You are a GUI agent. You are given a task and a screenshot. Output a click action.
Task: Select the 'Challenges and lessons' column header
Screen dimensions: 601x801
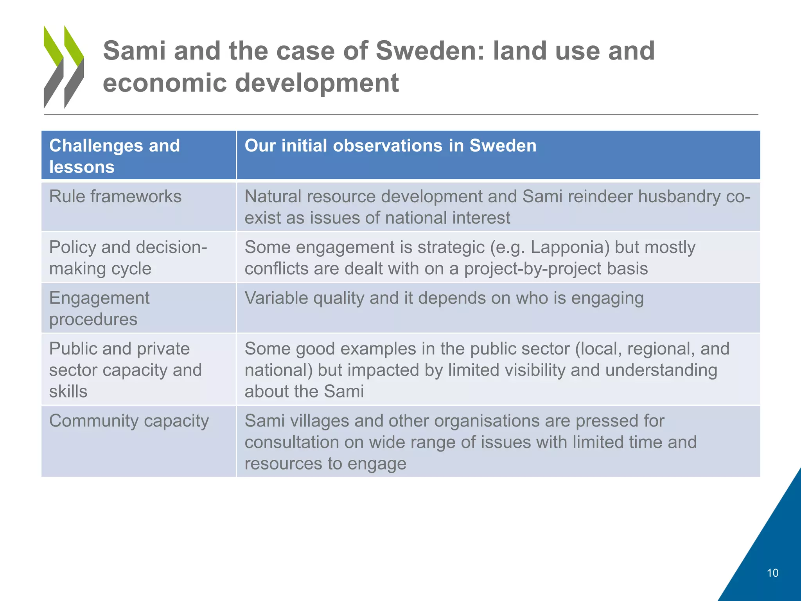[x=115, y=156]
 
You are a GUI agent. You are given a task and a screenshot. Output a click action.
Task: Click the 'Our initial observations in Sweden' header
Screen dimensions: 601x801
[x=390, y=146]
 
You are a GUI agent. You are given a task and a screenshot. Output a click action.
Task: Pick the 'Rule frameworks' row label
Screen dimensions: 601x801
[x=115, y=196]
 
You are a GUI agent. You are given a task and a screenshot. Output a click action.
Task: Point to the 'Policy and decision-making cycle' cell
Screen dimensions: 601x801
[x=128, y=257]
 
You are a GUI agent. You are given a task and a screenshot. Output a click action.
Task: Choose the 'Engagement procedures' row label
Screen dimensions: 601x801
[x=99, y=308]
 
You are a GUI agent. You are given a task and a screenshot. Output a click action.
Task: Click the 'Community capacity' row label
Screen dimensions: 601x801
[x=129, y=421]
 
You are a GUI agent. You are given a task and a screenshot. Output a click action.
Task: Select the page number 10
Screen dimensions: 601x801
[x=772, y=573]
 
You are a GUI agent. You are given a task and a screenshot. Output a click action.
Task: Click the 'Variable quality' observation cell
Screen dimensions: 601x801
[x=444, y=298]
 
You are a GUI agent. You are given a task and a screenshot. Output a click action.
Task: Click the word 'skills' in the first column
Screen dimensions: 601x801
[x=68, y=391]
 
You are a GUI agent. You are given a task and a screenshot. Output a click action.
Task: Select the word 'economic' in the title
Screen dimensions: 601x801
[x=165, y=83]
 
